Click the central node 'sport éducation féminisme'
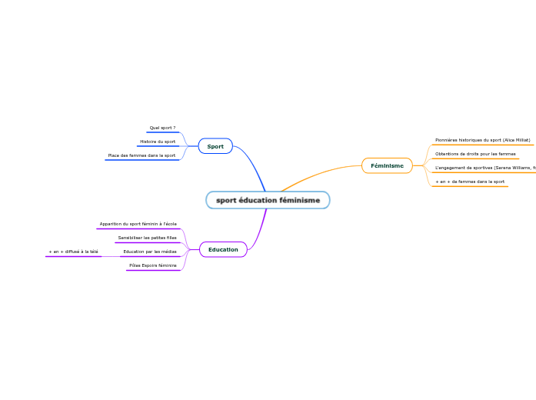[x=268, y=200]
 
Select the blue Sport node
[x=215, y=146]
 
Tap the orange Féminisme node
[x=387, y=165]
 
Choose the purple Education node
[x=223, y=249]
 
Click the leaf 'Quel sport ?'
[x=162, y=128]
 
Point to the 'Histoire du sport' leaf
[x=158, y=142]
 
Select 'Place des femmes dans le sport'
[x=141, y=155]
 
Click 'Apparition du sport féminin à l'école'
[x=138, y=224]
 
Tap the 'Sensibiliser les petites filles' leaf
[x=147, y=238]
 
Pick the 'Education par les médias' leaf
[x=150, y=252]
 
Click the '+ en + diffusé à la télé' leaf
[x=73, y=252]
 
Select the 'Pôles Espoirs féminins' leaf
[x=153, y=265]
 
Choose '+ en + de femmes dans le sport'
[x=470, y=182]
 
